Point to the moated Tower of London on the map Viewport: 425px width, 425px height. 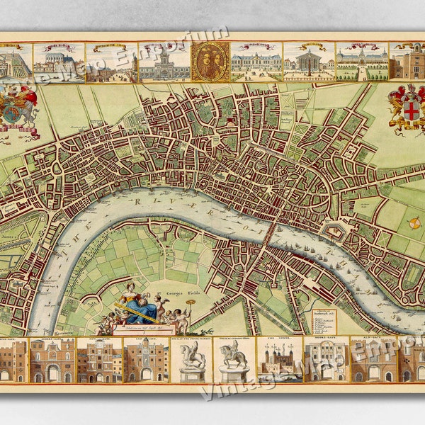(333, 231)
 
